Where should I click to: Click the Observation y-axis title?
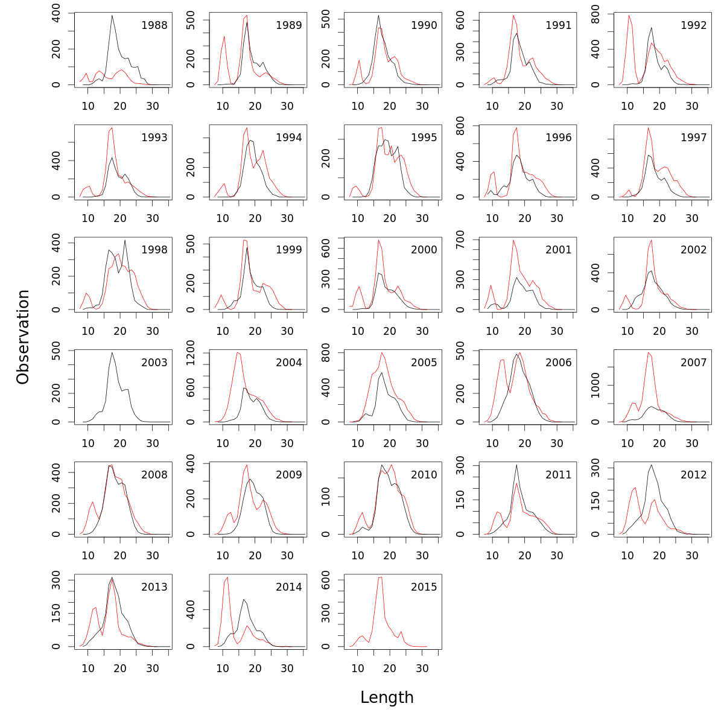23,337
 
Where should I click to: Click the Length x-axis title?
387,697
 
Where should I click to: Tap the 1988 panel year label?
154,25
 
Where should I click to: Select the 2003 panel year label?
154,363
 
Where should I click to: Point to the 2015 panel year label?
424,587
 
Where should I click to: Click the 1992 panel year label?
694,25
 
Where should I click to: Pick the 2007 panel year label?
694,363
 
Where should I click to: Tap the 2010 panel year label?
424,475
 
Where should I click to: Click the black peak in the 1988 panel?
112,16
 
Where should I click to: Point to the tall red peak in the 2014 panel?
227,578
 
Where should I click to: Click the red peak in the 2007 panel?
648,352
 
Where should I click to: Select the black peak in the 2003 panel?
112,352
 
